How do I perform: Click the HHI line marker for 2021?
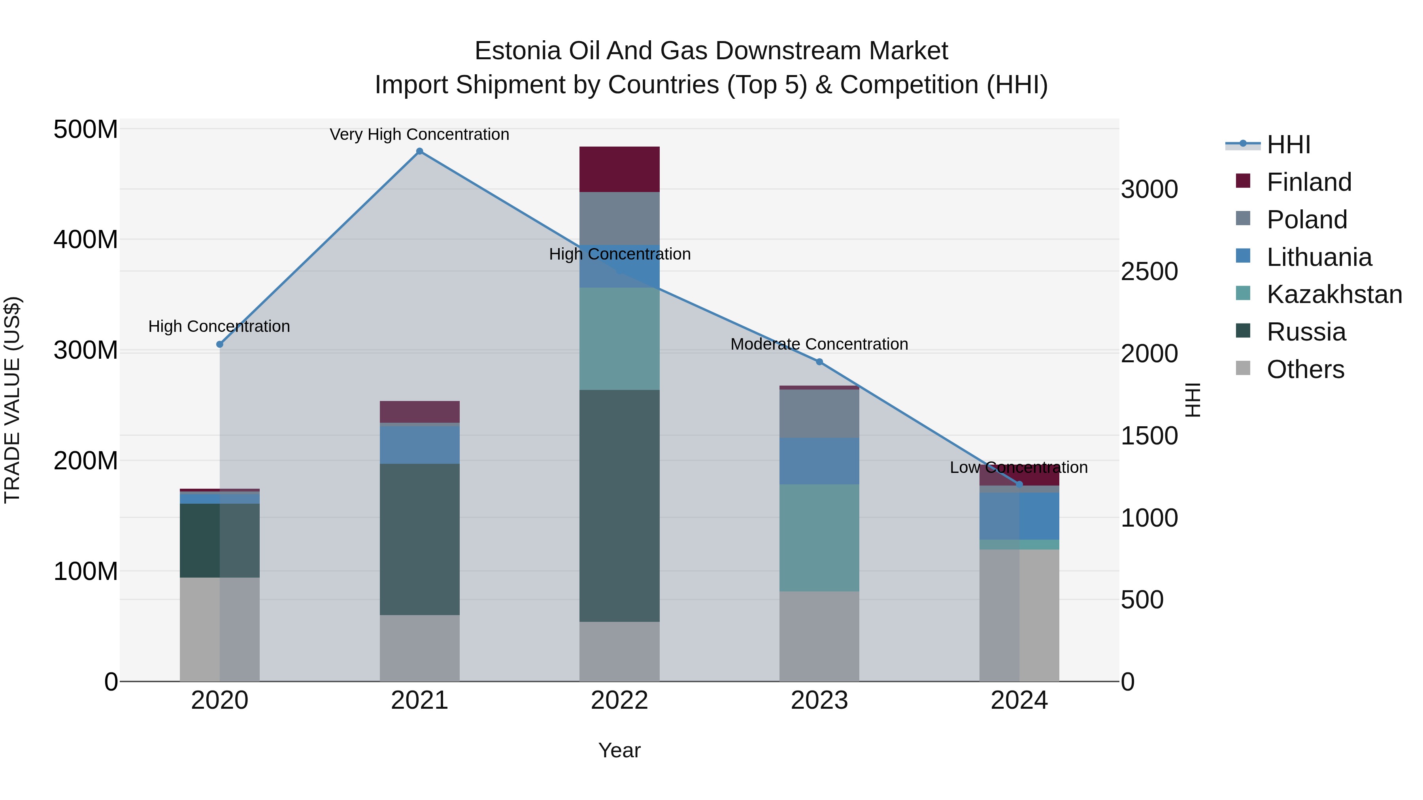(419, 151)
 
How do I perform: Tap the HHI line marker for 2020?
(220, 344)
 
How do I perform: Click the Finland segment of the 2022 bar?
(619, 169)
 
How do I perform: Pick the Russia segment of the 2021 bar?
(419, 539)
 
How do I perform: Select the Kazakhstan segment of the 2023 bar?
(819, 538)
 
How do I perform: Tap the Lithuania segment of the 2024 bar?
(1019, 516)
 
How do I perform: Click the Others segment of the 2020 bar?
(220, 629)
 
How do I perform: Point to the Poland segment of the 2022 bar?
(619, 218)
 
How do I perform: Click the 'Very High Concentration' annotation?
(419, 135)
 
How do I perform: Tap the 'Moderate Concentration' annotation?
(819, 344)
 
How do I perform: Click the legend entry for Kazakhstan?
(1334, 294)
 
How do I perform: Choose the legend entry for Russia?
(1306, 332)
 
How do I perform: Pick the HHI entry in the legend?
(1288, 145)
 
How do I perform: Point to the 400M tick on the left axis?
(86, 240)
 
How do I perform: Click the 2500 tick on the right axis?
(1149, 272)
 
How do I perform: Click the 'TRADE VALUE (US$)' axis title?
(12, 400)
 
